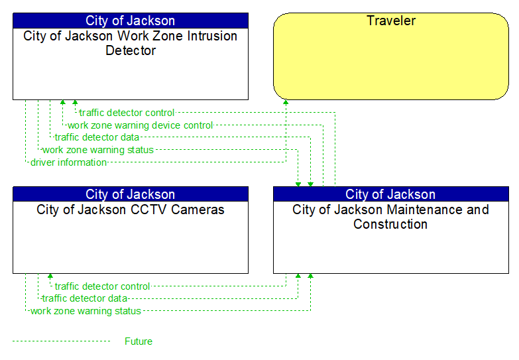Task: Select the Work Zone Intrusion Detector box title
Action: (x=130, y=43)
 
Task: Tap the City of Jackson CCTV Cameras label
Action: (x=130, y=210)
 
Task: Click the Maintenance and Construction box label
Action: (x=390, y=217)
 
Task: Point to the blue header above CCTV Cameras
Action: (x=130, y=194)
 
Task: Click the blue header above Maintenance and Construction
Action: (x=390, y=194)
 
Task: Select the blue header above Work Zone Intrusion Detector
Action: (x=130, y=21)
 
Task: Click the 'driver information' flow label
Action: (x=68, y=162)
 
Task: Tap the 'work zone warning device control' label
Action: (x=140, y=125)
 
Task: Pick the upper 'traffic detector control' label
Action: (x=127, y=113)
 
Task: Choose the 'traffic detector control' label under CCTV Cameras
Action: (x=102, y=286)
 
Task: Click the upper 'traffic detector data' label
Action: (x=97, y=137)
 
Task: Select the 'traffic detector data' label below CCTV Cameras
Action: (x=84, y=298)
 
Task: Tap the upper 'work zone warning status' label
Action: (x=97, y=150)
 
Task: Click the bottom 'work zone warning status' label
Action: (x=86, y=311)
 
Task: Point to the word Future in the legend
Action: (x=138, y=341)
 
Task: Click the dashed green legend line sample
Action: (x=61, y=341)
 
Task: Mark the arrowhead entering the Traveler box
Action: (x=286, y=103)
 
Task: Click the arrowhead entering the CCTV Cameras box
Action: (x=50, y=276)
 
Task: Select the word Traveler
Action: (x=391, y=21)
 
